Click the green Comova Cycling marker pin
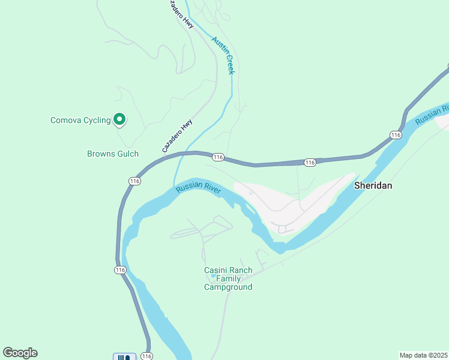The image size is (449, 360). (x=119, y=120)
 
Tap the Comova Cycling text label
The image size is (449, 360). (x=80, y=121)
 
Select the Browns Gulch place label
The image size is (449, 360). (x=113, y=154)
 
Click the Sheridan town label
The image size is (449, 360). (x=373, y=185)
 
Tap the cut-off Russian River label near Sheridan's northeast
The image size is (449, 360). (x=432, y=116)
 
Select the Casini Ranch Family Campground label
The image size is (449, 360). (x=228, y=278)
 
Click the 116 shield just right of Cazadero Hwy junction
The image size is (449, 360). (x=218, y=157)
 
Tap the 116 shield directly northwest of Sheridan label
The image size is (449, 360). (x=309, y=163)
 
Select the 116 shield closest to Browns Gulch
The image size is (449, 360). (x=134, y=181)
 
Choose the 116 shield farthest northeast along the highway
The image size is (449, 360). (x=395, y=135)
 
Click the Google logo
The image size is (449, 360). (x=20, y=353)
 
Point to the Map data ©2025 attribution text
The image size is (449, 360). (x=423, y=355)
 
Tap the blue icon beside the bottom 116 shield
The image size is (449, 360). (x=124, y=357)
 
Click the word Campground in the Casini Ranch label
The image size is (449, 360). (x=228, y=287)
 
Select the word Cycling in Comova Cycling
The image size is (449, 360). (x=97, y=121)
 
